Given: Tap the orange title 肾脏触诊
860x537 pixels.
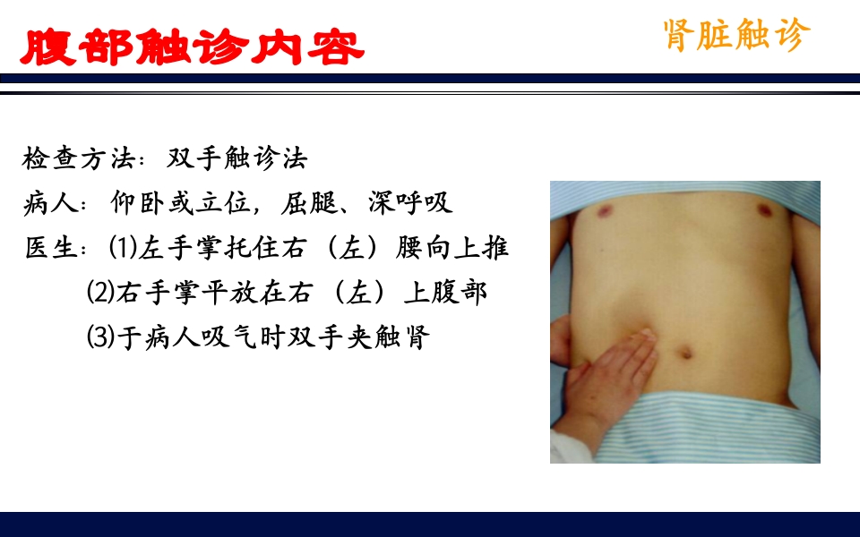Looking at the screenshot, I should click(x=736, y=35).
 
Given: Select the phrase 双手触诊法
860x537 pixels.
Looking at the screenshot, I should click(x=237, y=159).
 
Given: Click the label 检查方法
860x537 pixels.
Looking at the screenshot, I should click(x=77, y=159).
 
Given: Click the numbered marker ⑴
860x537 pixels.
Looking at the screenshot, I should click(x=122, y=247).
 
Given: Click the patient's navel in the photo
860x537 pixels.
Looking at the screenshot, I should click(x=687, y=350).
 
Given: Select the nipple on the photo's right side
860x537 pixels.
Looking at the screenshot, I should click(x=766, y=211).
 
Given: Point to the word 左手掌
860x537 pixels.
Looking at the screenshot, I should click(x=179, y=247).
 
